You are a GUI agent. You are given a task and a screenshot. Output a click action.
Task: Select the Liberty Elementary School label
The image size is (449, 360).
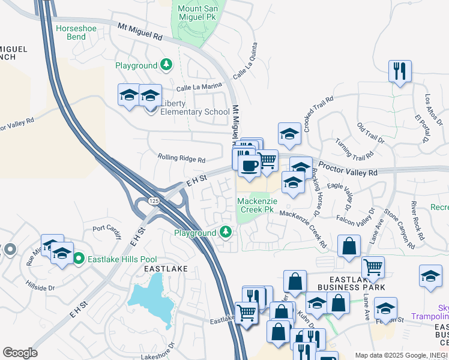[195, 107]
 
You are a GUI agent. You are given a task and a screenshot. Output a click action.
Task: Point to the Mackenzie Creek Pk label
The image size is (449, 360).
[256, 205]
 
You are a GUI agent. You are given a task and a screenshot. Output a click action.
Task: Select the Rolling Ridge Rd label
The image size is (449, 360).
[181, 159]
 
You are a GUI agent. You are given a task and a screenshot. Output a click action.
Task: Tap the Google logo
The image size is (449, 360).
[20, 353]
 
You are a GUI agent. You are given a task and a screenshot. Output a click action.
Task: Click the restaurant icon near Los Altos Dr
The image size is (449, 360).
[399, 71]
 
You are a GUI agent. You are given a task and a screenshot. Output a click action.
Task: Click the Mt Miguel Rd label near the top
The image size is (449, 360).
[140, 32]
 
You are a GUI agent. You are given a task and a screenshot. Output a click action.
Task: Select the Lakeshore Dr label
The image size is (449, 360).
[148, 352]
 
